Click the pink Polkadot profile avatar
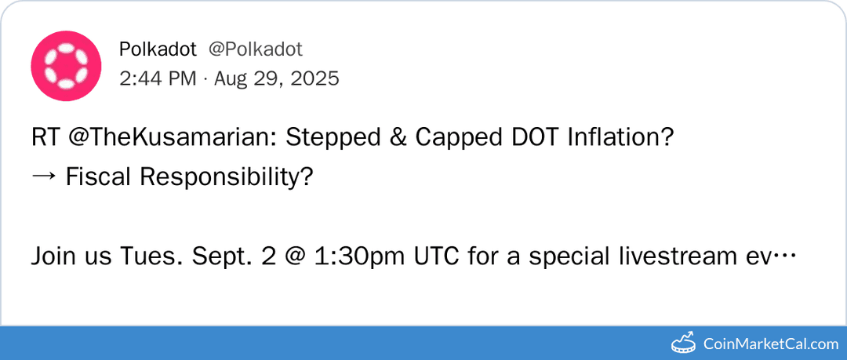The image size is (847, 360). click(x=66, y=66)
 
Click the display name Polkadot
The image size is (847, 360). click(x=158, y=49)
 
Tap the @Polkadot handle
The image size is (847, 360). click(x=255, y=49)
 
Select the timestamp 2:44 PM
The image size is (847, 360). click(x=158, y=78)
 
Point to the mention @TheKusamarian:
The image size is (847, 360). click(x=171, y=137)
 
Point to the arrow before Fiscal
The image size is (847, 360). click(x=44, y=177)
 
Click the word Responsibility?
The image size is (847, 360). click(x=227, y=177)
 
